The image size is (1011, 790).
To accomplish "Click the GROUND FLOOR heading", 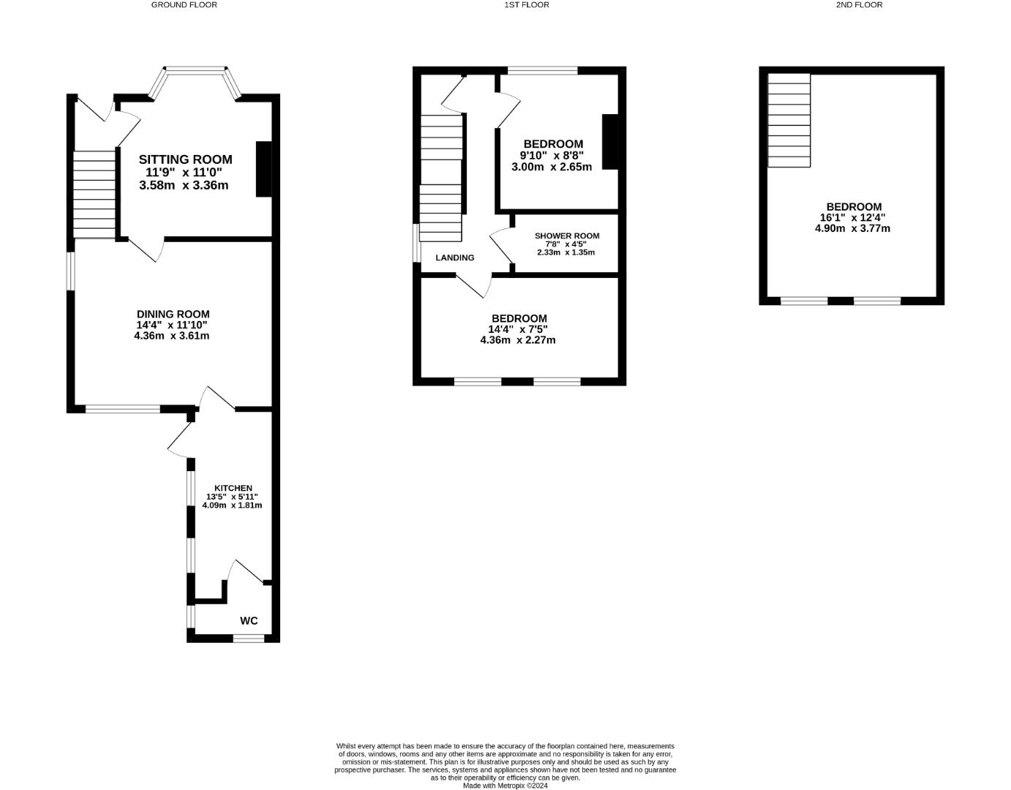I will (184, 5).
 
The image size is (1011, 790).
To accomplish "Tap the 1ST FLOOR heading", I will (526, 5).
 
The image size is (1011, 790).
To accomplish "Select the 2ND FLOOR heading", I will (859, 5).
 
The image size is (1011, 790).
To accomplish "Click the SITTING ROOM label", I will (185, 159).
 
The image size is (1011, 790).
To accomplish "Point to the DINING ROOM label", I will (173, 315).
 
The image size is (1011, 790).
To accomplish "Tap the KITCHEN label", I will (233, 488).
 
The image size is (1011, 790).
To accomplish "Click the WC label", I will (249, 621).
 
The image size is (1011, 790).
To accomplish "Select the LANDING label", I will (454, 257).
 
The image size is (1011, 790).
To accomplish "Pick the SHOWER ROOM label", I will (566, 236).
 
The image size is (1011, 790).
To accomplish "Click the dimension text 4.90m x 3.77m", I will (852, 228).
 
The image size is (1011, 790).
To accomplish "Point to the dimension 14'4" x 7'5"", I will (518, 329).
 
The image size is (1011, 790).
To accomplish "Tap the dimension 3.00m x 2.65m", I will (551, 167).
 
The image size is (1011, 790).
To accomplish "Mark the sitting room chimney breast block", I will (263, 169).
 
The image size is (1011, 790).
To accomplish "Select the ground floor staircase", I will (94, 194).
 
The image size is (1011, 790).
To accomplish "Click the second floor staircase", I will (789, 121).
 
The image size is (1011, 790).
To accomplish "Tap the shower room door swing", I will (500, 246).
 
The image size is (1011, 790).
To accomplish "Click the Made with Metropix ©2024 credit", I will (505, 786).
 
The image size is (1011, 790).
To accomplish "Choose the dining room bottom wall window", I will (122, 409).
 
